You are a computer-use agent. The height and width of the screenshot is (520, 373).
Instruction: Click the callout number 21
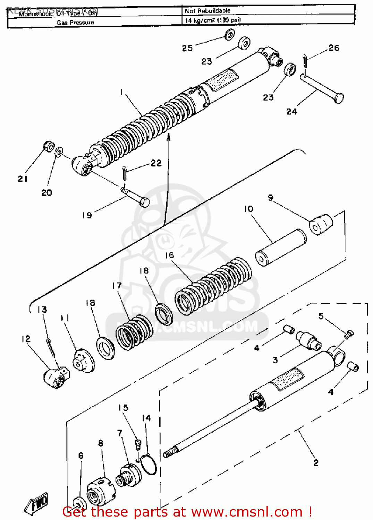[23, 179]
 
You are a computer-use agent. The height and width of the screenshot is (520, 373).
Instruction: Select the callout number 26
[334, 48]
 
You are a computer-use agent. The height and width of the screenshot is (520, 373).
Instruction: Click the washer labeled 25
[229, 35]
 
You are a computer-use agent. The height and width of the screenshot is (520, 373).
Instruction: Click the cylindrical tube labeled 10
[281, 248]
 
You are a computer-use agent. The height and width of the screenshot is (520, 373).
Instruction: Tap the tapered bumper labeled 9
[321, 225]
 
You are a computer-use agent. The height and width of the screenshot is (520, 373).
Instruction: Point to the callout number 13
[42, 310]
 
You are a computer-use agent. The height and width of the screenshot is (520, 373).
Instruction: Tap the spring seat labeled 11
[83, 362]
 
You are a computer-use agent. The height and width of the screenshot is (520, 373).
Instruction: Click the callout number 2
[316, 463]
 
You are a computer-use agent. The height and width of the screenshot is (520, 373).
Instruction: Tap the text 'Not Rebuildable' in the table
[207, 11]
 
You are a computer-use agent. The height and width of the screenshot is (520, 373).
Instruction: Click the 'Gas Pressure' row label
[75, 23]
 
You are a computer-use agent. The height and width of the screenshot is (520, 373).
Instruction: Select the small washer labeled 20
[59, 151]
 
